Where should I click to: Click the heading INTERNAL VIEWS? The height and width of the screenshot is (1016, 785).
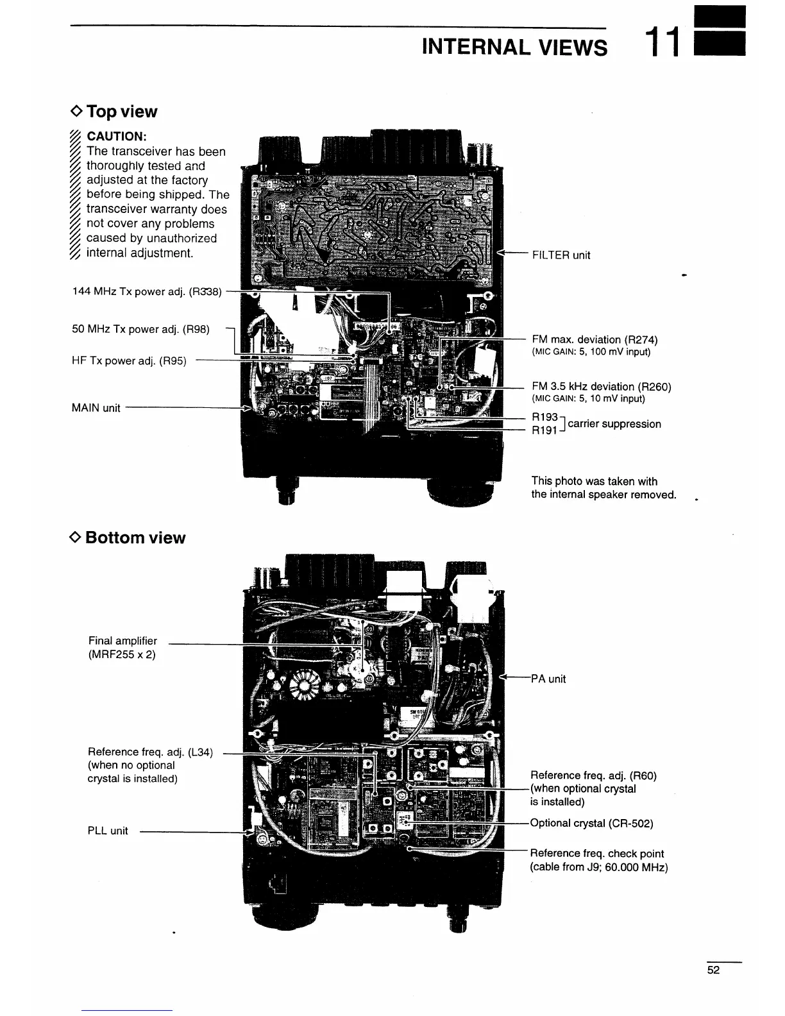coord(514,47)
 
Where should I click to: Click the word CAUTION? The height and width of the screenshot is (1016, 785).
coord(116,136)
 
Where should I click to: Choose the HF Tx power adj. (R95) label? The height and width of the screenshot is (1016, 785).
coord(129,360)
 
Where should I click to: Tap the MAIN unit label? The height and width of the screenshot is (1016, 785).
coord(96,408)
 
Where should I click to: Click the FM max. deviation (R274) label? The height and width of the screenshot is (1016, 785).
coord(595,339)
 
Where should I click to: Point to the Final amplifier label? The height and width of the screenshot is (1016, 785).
coord(122,641)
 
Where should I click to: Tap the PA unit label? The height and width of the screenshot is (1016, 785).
coord(548,679)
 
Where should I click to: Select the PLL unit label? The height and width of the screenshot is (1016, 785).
coord(108,831)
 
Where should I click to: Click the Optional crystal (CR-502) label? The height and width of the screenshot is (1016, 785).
coord(591,823)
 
